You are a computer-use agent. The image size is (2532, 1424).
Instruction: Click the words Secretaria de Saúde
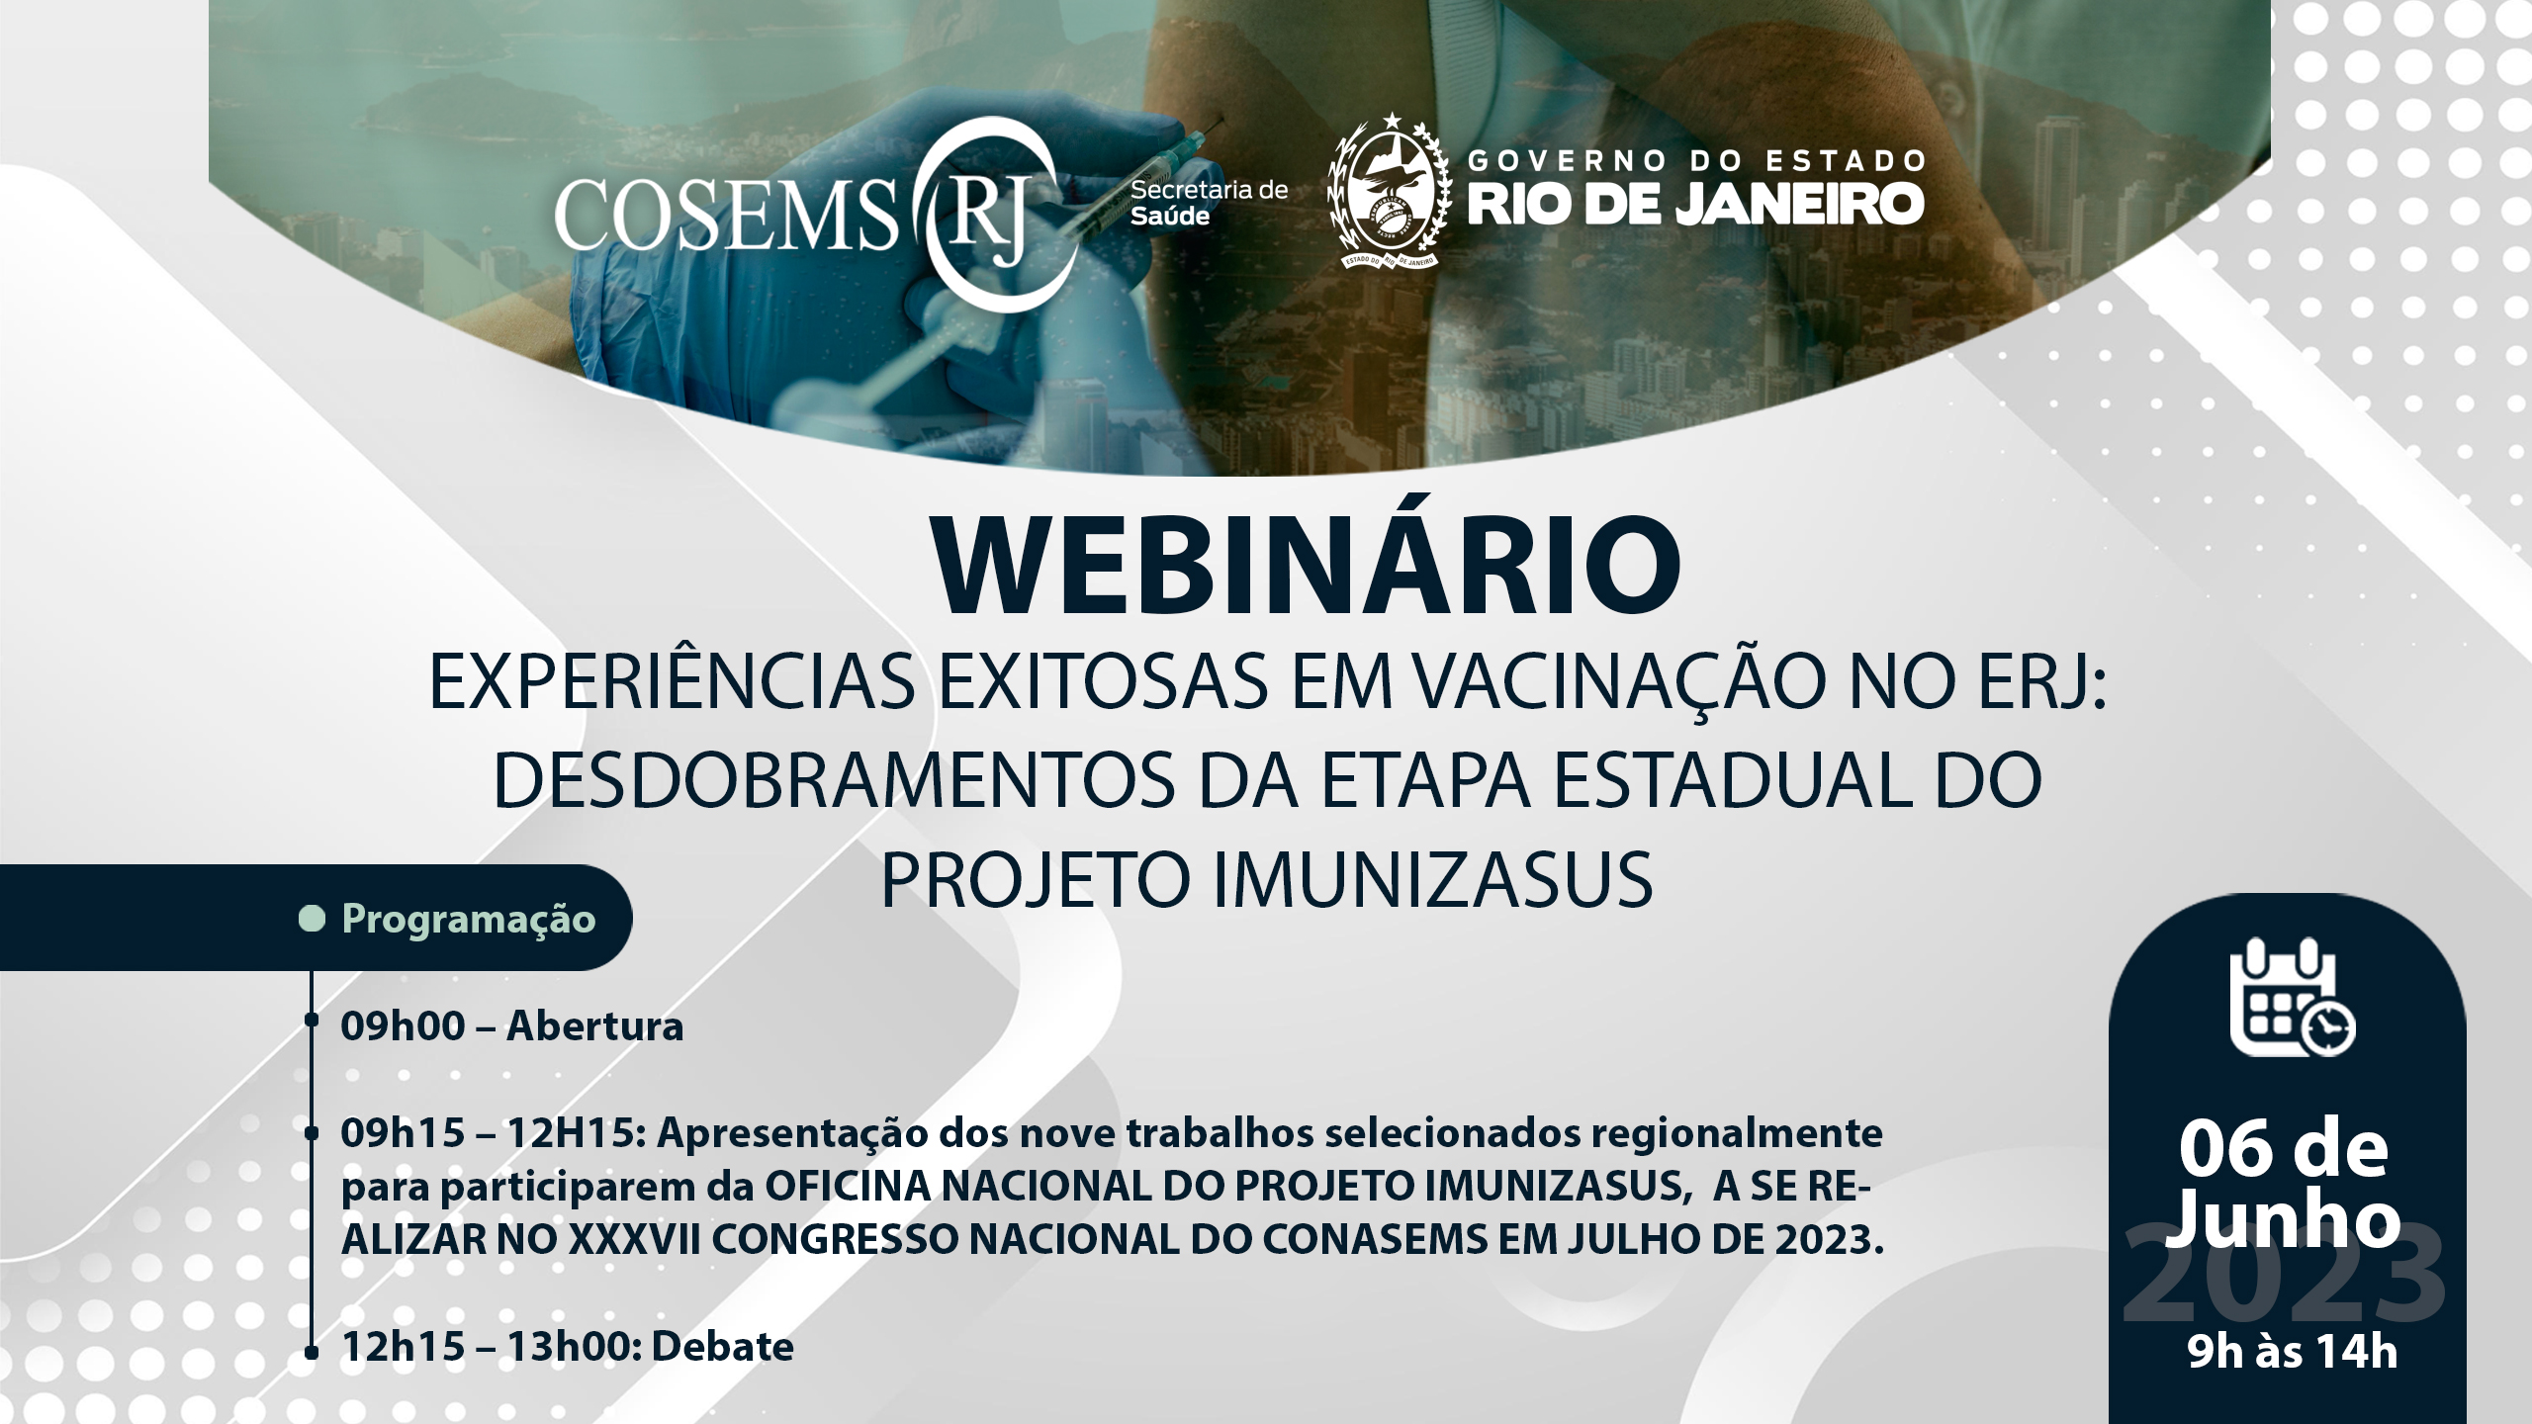coord(1210,202)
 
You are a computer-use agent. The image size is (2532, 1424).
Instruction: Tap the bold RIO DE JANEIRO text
coord(1695,204)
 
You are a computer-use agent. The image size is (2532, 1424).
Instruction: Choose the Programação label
coord(469,919)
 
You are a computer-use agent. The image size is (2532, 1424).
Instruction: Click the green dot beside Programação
coord(312,919)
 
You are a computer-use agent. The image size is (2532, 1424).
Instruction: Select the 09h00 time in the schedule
coord(403,1026)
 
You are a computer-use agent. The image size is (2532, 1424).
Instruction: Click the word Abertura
coord(595,1026)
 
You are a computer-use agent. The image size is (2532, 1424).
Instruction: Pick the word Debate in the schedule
coord(723,1347)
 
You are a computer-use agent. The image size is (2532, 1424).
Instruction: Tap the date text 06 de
coord(2284,1150)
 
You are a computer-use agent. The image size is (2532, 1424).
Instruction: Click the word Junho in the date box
coord(2284,1222)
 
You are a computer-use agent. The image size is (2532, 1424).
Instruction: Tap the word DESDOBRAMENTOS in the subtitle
coord(834,781)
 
